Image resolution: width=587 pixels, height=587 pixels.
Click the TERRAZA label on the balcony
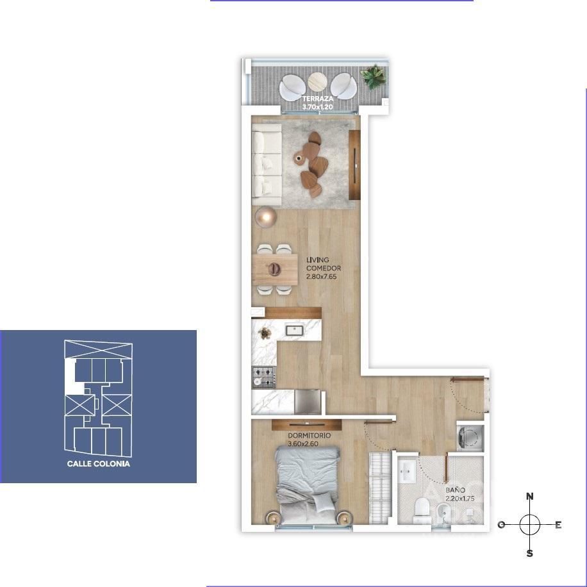pyautogui.click(x=318, y=99)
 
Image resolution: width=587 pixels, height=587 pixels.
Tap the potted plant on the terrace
pyautogui.click(x=372, y=76)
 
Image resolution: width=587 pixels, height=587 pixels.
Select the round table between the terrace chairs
pyautogui.click(x=318, y=81)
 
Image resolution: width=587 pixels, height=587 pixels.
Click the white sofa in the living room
pyautogui.click(x=267, y=164)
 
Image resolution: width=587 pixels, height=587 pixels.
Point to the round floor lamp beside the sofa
pyautogui.click(x=266, y=217)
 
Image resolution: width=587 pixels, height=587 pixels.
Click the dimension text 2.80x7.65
pyautogui.click(x=322, y=277)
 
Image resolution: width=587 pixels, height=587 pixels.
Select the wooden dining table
pyautogui.click(x=275, y=270)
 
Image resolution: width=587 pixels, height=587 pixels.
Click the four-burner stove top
pyautogui.click(x=264, y=377)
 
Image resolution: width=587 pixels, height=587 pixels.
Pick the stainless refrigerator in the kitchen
pyautogui.click(x=308, y=402)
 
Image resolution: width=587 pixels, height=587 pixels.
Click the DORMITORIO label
pyautogui.click(x=310, y=436)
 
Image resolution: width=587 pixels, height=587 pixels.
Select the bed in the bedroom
pyautogui.click(x=308, y=484)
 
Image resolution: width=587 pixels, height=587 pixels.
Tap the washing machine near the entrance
pyautogui.click(x=470, y=438)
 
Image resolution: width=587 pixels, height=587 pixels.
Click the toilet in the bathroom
pyautogui.click(x=422, y=510)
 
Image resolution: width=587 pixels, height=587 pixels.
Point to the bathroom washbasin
pyautogui.click(x=406, y=471)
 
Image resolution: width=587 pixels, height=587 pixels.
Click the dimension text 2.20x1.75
pyautogui.click(x=459, y=499)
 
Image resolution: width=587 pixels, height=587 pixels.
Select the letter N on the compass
pyautogui.click(x=530, y=497)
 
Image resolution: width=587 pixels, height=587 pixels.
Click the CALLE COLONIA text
pyautogui.click(x=99, y=464)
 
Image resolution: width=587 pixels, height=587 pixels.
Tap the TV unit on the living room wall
pyautogui.click(x=354, y=165)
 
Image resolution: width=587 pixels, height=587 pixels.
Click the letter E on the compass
pyautogui.click(x=558, y=525)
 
